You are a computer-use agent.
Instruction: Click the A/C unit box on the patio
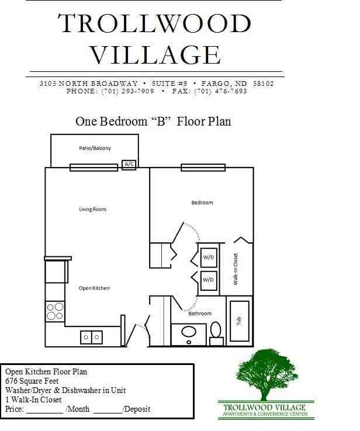click(129, 165)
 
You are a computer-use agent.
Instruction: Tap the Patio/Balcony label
click(95, 148)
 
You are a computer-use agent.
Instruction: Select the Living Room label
click(93, 209)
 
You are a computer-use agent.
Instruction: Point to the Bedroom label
click(202, 203)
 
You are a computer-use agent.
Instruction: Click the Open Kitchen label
click(94, 288)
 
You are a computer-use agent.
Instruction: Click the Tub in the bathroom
click(240, 321)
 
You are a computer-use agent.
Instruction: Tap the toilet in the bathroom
click(216, 331)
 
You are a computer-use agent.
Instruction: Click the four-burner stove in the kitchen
click(55, 311)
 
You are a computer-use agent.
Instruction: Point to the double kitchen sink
click(92, 337)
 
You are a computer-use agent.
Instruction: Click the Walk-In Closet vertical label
click(236, 269)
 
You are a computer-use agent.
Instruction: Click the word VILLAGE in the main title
click(155, 54)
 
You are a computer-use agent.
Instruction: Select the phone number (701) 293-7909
click(128, 92)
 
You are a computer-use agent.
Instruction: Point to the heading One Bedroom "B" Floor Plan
click(153, 121)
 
